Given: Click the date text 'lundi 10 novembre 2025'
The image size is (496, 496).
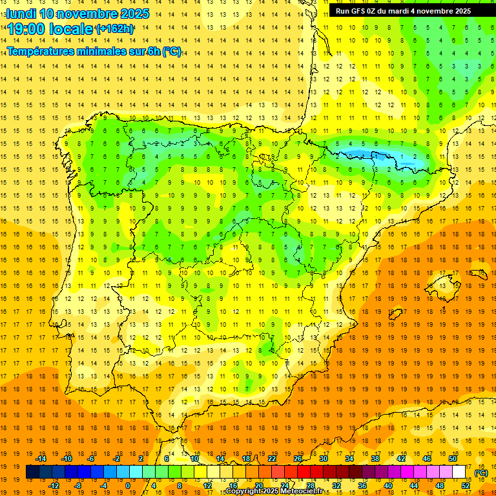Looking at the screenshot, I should pos(77,14).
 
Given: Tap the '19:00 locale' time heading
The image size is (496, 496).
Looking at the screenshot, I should pos(50,28).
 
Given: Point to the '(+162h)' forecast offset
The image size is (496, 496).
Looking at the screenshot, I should pos(115,28).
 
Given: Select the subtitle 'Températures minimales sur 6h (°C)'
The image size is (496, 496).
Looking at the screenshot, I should pos(94,52).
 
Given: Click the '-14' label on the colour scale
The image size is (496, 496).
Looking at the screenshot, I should pos(41,459).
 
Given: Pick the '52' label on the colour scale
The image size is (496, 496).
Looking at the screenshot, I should pos(465,486).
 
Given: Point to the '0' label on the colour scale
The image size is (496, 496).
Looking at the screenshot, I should pos(128,486).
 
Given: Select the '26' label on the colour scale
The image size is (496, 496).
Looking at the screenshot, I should pos(298,459).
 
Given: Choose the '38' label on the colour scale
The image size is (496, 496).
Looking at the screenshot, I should pos(375,459).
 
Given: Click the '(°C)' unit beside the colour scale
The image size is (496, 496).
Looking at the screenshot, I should pos(480,473).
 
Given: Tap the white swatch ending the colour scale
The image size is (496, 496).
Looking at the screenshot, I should pos(459,472).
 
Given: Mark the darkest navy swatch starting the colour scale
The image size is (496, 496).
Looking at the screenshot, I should pos(32,472).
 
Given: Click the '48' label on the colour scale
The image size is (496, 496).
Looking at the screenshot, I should pos(439,486).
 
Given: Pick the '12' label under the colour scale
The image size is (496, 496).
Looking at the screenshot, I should pos(208,486).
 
